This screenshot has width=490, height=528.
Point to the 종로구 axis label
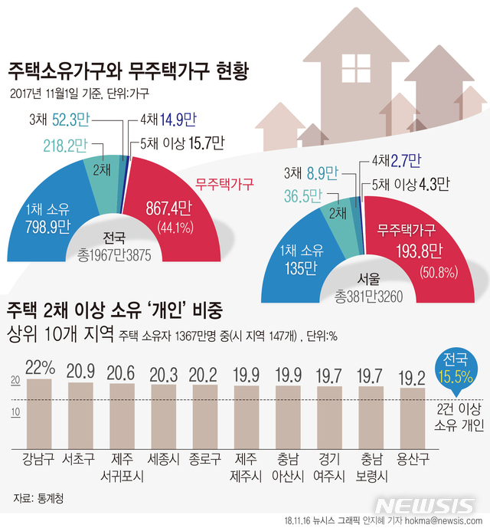coord(204,460)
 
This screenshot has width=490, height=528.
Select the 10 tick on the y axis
coord(15,413)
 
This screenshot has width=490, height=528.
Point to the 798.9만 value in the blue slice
coord(47,226)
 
